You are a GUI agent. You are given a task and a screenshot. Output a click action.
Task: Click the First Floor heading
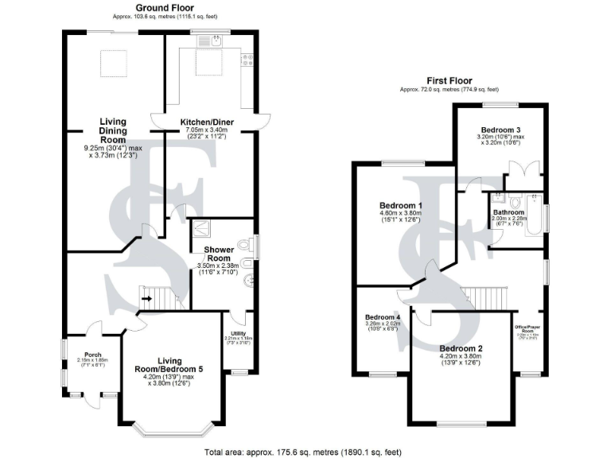click(x=449, y=81)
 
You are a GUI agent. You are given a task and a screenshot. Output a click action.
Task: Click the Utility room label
click(x=237, y=333)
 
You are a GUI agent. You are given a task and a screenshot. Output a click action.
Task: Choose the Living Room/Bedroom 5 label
click(x=173, y=365)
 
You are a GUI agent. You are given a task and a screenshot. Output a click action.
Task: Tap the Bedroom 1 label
click(x=400, y=205)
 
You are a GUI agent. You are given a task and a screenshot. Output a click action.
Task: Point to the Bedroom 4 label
click(x=381, y=317)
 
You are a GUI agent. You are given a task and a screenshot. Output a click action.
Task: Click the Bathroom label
click(x=508, y=212)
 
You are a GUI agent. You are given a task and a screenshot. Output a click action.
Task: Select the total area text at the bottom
click(x=303, y=452)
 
